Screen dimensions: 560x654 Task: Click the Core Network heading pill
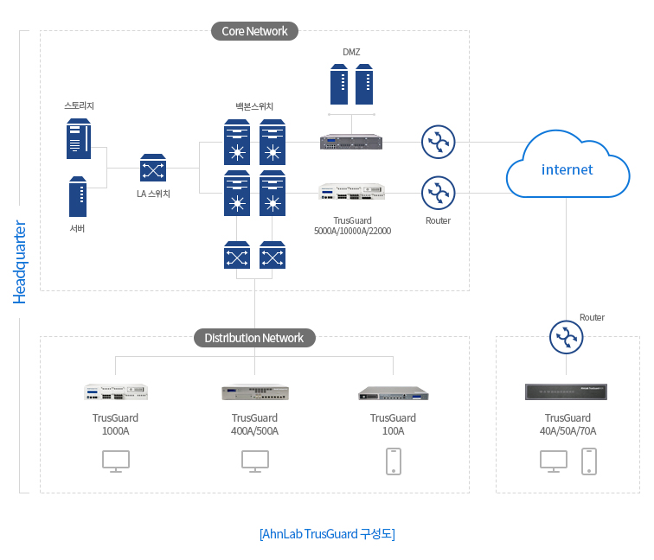tap(254, 31)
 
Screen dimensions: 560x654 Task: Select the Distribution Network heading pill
tap(254, 338)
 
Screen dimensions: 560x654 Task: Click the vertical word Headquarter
tap(20, 262)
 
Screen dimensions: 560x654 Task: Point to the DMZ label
tap(351, 52)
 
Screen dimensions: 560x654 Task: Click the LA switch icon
tap(153, 168)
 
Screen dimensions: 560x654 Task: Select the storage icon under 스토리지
tap(79, 140)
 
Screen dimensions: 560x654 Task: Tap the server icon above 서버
tap(79, 197)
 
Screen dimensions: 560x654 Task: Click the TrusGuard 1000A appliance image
tap(116, 392)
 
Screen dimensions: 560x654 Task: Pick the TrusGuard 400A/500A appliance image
tap(254, 393)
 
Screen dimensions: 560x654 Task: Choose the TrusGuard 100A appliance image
tap(394, 394)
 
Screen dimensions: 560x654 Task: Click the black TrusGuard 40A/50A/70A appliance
tap(567, 392)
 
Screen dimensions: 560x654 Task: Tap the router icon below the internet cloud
tap(567, 337)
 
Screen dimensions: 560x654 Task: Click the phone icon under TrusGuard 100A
tap(394, 461)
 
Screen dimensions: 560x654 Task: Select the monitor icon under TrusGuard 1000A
tap(116, 461)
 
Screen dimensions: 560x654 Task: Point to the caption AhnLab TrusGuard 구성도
tap(327, 534)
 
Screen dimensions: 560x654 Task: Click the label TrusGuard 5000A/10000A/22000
tap(351, 226)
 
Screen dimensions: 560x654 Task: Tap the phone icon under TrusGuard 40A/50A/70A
tap(590, 461)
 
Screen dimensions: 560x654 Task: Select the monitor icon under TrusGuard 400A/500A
tap(254, 461)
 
